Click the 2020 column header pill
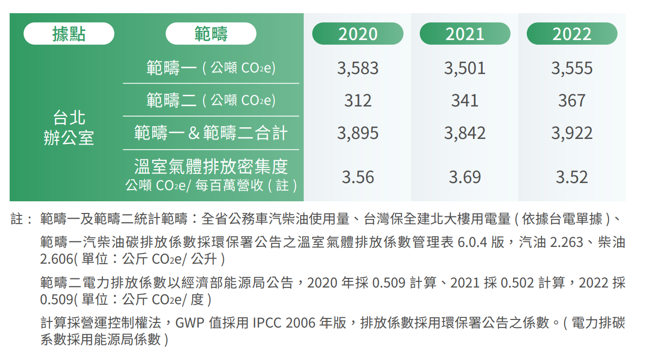[x=358, y=34]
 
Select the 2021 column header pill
[x=465, y=34]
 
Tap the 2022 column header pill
[x=572, y=34]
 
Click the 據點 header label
[x=69, y=34]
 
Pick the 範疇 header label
[x=211, y=34]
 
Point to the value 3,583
[x=358, y=68]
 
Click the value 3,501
[x=465, y=68]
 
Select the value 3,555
[x=572, y=68]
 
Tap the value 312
[x=358, y=100]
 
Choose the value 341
[x=465, y=100]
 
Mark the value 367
[x=572, y=100]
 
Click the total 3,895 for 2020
[x=358, y=133]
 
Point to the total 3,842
[x=465, y=133]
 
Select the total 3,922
[x=572, y=133]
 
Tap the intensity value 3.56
[x=358, y=177]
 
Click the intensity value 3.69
[x=465, y=177]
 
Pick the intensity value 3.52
[x=572, y=177]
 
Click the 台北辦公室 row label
[x=69, y=128]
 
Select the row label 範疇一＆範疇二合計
[x=211, y=133]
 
